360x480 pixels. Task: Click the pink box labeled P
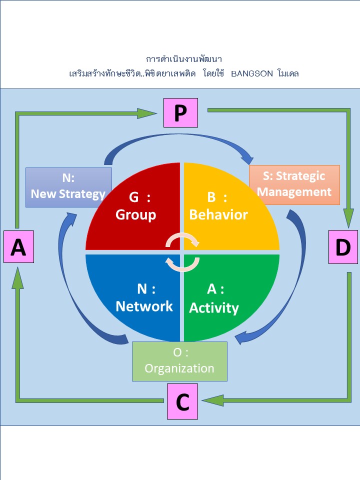pyautogui.click(x=180, y=113)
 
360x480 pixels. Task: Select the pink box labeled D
pyautogui.click(x=343, y=247)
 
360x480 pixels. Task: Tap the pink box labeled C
pyautogui.click(x=182, y=401)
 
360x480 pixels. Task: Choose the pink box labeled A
pyautogui.click(x=18, y=246)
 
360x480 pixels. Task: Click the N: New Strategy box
pyautogui.click(x=68, y=187)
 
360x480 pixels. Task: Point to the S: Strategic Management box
pyautogui.click(x=294, y=184)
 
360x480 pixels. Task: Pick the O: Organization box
pyautogui.click(x=179, y=361)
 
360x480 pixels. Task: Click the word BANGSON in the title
pyautogui.click(x=252, y=73)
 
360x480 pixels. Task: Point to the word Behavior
pyautogui.click(x=218, y=215)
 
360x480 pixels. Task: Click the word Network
pyautogui.click(x=144, y=305)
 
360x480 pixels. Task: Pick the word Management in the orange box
pyautogui.click(x=294, y=191)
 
